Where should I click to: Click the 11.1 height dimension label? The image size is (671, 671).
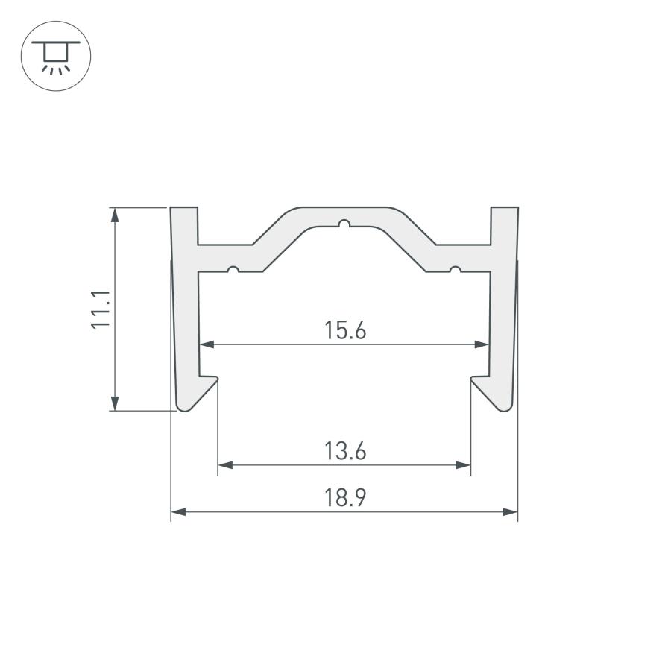point(101,309)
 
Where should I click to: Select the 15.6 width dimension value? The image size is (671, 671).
point(345,330)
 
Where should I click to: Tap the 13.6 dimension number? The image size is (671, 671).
point(345,451)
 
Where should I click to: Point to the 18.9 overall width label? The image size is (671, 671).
point(345,498)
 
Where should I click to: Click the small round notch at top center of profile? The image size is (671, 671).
point(344,224)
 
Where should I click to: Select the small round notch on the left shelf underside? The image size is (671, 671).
point(233,270)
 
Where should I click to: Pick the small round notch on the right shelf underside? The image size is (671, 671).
point(456,270)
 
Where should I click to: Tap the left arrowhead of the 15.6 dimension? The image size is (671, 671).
point(207,344)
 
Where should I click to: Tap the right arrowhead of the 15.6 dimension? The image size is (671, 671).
point(482,344)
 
